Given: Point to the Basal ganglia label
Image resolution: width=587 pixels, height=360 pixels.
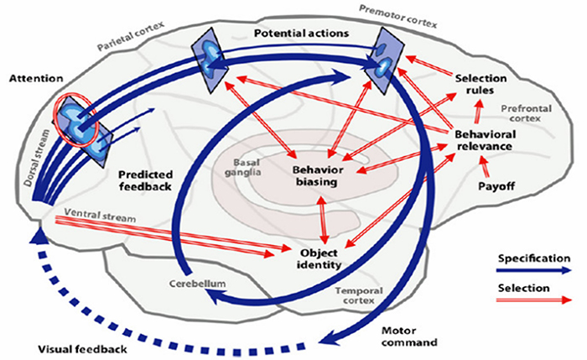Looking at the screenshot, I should click(x=247, y=168).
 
